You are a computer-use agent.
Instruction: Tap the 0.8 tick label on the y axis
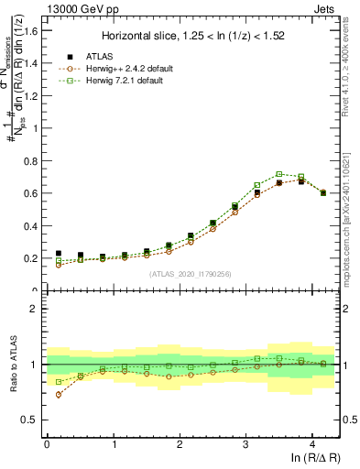[32, 161]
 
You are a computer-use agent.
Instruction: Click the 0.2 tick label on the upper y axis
[32, 259]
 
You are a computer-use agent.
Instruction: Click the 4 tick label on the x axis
[312, 442]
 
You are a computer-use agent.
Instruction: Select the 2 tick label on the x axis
[180, 442]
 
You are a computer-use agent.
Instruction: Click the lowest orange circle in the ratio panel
[59, 395]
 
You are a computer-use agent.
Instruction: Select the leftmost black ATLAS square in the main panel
[59, 254]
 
